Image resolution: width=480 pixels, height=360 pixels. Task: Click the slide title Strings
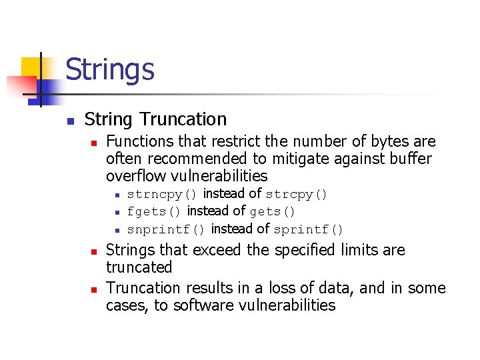(110, 69)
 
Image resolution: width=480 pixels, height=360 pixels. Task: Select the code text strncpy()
(162, 195)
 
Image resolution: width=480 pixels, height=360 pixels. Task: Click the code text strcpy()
(297, 195)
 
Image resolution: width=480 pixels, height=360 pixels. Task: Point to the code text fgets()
(154, 212)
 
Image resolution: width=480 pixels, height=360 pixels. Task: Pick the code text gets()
(273, 212)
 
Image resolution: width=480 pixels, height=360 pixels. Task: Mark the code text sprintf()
(309, 230)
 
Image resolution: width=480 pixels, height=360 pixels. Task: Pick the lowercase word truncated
(139, 267)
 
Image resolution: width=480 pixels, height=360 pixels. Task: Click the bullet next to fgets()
(116, 213)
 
